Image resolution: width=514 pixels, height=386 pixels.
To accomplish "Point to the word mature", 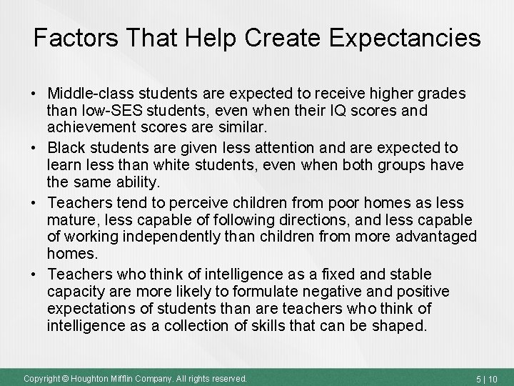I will (70, 219).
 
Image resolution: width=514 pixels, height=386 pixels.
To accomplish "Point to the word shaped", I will (403, 326).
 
